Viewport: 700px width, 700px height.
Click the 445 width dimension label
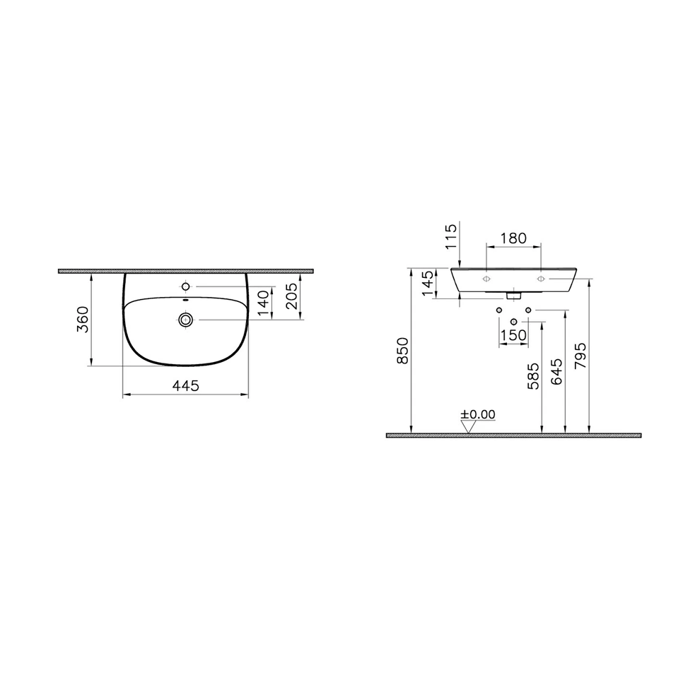[x=185, y=385]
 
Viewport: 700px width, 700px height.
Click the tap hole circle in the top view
[x=186, y=286]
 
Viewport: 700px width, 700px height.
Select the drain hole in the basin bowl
[x=186, y=320]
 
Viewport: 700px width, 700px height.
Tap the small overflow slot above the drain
[x=185, y=301]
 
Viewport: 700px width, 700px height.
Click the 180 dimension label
[x=513, y=238]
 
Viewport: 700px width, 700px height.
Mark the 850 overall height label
[x=402, y=351]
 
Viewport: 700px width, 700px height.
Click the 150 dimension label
[x=513, y=334]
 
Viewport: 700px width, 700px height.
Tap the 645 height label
[x=556, y=371]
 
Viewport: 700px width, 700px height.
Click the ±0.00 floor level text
[x=478, y=414]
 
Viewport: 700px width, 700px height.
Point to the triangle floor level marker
[x=467, y=426]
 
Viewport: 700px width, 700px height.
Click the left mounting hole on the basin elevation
[x=486, y=279]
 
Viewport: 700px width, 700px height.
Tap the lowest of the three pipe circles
[x=514, y=322]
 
